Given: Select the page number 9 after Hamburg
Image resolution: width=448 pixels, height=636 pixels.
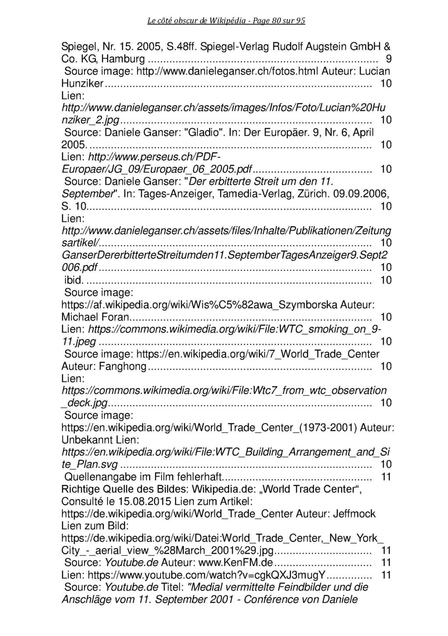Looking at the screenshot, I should click(x=388, y=58).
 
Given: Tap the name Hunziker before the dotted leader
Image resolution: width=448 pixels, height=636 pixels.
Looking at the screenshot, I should click(x=83, y=83).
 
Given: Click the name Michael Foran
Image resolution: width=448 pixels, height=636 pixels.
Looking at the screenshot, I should click(x=95, y=316).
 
